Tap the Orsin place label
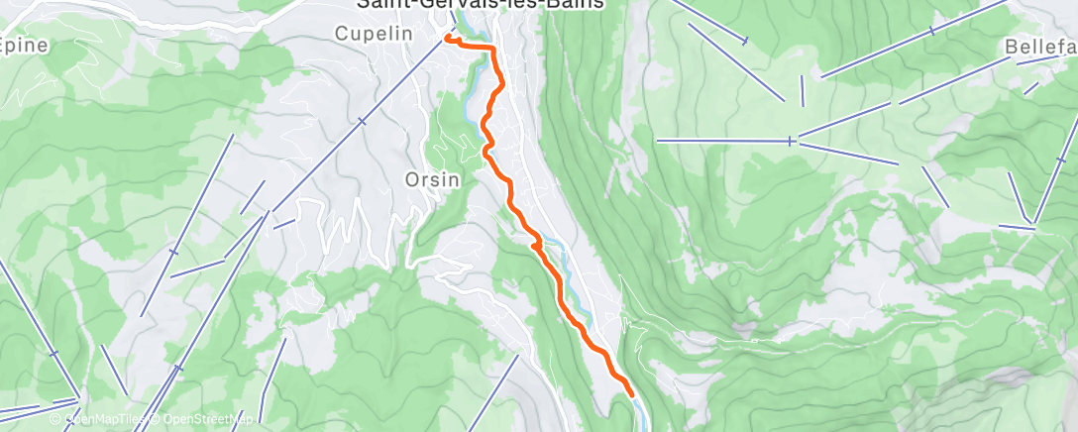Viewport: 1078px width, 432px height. pyautogui.click(x=432, y=179)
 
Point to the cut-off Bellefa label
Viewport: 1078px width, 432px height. pyautogui.click(x=1039, y=47)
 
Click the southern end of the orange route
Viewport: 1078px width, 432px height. pyautogui.click(x=630, y=396)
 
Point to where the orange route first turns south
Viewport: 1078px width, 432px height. pyautogui.click(x=492, y=50)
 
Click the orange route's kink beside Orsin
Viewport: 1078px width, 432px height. pyautogui.click(x=486, y=151)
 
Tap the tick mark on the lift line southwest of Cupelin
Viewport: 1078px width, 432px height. pyautogui.click(x=361, y=121)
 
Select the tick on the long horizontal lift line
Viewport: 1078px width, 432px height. pyautogui.click(x=790, y=142)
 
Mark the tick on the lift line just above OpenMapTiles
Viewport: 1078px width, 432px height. pyautogui.click(x=77, y=399)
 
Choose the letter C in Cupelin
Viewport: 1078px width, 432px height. pyautogui.click(x=341, y=33)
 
